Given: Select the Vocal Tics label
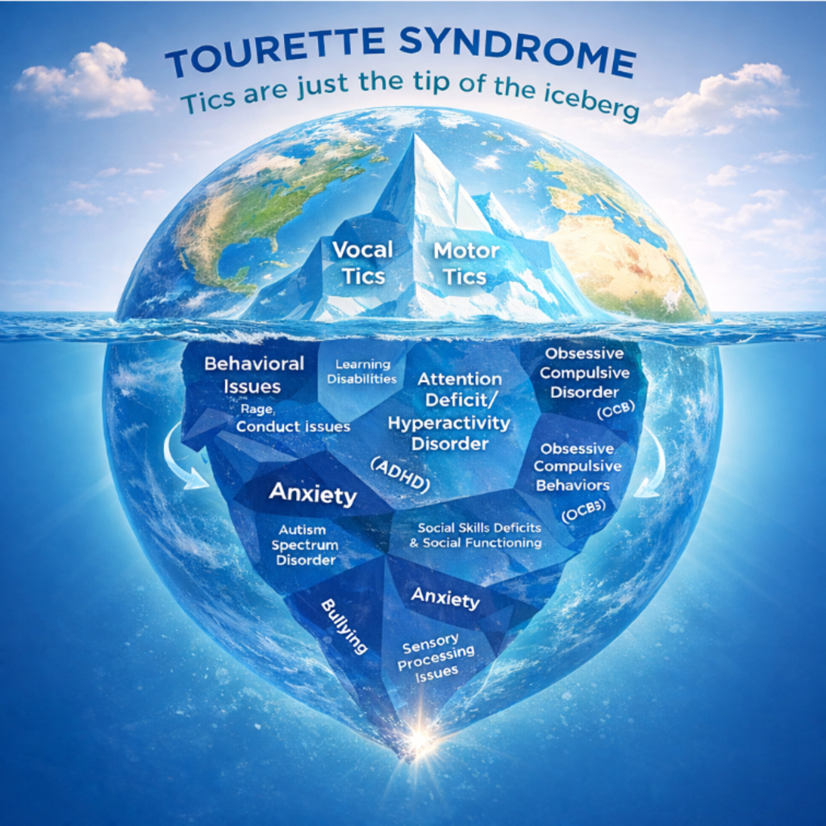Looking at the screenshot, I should [x=363, y=263].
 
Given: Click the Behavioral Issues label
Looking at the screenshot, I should [x=254, y=375].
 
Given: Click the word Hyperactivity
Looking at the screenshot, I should [x=449, y=423].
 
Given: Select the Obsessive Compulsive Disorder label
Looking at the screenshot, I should [x=584, y=373].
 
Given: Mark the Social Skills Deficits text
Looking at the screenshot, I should [x=479, y=528].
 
